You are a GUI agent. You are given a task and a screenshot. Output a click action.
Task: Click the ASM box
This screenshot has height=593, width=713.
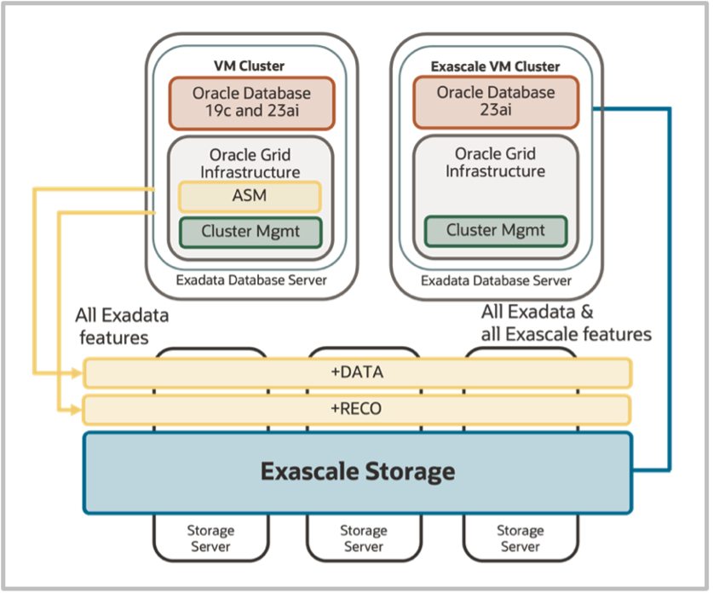point(249,196)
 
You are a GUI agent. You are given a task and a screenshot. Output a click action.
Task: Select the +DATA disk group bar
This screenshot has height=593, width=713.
point(358,372)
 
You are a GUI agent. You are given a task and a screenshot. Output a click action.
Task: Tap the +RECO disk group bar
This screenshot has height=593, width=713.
point(358,409)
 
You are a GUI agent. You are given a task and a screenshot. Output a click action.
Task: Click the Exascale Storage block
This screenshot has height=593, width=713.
point(358,471)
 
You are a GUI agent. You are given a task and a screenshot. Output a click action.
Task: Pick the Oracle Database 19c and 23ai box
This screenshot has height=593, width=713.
point(251,102)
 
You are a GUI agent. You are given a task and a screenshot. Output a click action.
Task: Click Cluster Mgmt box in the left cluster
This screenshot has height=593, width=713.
point(250,231)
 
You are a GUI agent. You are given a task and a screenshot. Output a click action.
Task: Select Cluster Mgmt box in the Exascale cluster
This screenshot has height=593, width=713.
point(496,230)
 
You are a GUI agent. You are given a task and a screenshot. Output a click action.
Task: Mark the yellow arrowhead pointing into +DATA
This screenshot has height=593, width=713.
point(77,372)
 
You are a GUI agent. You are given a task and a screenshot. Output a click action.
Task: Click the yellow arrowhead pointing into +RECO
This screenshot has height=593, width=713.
point(77,410)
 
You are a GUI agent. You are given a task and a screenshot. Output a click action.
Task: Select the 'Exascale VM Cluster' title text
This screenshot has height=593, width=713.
point(496,66)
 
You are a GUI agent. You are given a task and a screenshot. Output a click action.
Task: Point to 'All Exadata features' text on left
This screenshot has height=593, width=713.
point(122,326)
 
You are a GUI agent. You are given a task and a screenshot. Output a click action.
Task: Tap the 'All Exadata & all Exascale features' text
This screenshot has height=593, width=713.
point(566,323)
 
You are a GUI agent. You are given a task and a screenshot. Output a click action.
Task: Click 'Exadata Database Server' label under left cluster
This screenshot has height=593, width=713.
point(250,281)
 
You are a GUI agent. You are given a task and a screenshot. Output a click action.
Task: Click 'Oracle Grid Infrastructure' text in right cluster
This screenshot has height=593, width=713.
point(496,162)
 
